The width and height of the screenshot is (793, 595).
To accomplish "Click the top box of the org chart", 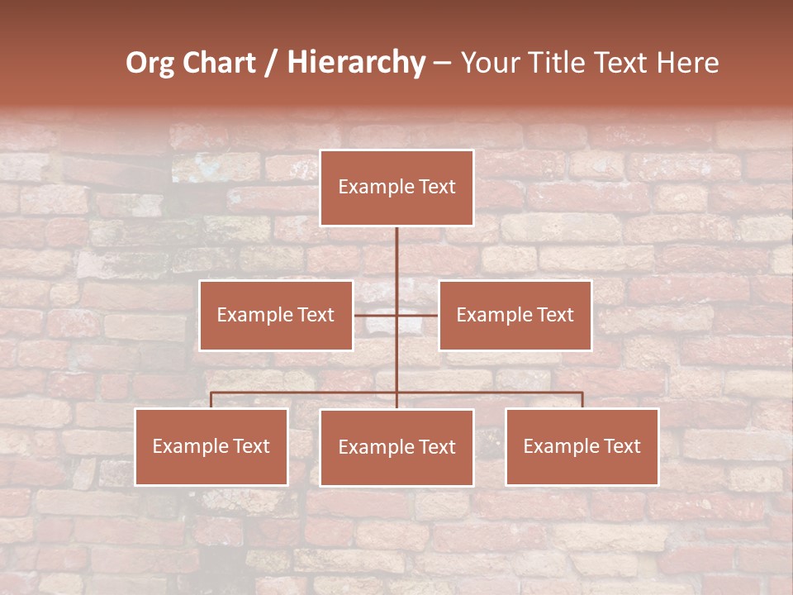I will click(396, 188).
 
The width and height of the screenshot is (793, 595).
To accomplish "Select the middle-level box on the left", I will click(276, 315).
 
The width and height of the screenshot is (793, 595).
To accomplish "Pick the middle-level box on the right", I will click(515, 315).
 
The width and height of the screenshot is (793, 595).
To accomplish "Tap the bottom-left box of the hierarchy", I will click(211, 446).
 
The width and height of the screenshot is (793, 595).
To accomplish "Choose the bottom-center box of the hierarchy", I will click(396, 447).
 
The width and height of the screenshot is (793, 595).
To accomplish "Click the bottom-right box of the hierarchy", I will click(582, 446).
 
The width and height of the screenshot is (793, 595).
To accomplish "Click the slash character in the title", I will click(271, 63).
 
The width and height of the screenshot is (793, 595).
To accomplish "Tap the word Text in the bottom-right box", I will click(621, 446).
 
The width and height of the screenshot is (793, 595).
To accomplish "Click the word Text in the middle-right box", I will click(554, 315).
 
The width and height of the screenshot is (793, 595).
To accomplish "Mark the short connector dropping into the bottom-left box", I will click(211, 400).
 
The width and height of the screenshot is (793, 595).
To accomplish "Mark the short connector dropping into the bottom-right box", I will click(582, 400).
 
